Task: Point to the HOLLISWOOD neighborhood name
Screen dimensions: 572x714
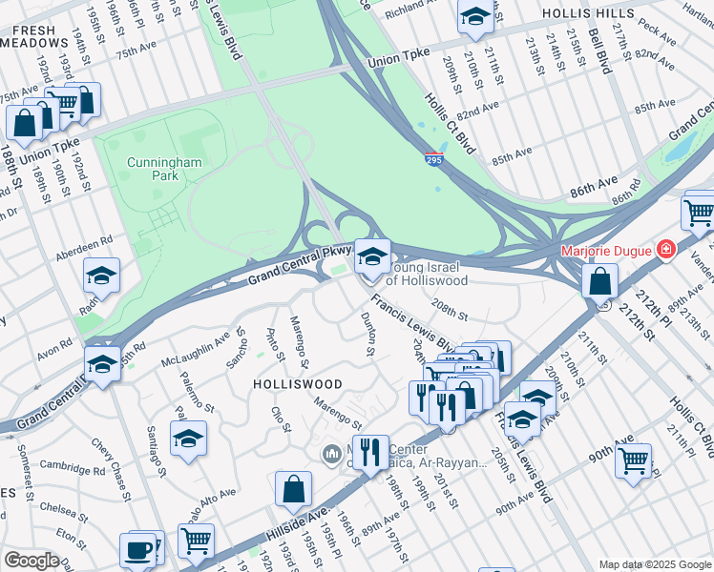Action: point(297,383)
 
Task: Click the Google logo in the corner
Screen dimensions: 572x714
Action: point(31,561)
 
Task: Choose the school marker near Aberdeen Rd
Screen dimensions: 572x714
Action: point(101,276)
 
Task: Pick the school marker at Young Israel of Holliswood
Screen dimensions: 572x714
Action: point(372,255)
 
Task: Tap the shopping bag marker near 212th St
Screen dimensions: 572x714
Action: point(598,281)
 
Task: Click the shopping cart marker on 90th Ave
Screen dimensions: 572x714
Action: point(633,461)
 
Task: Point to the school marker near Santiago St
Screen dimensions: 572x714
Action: point(188,439)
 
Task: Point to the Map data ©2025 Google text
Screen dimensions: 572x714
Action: point(654,564)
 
